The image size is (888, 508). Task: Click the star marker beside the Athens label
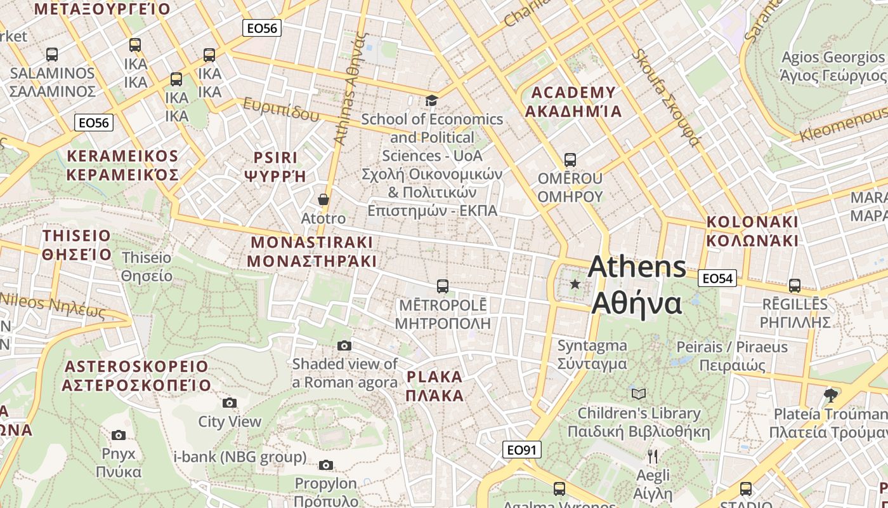point(575,284)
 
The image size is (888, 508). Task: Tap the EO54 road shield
point(717,278)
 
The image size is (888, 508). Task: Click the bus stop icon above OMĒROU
point(570,159)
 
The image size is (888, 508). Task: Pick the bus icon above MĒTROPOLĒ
point(443,286)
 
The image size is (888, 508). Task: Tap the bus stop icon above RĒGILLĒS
point(794,285)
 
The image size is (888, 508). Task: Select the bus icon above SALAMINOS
point(52,55)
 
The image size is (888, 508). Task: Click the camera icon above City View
point(230,403)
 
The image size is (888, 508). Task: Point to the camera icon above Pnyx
point(119,435)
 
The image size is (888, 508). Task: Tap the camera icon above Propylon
point(326,465)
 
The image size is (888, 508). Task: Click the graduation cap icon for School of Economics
point(431,100)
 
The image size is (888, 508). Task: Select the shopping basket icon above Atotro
point(323,199)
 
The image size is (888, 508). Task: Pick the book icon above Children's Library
point(639,394)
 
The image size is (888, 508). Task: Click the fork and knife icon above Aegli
point(653,456)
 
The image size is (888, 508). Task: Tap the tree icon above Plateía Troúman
point(830,395)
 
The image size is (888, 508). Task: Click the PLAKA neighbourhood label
point(434,386)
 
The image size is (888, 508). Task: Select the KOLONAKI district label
point(752,231)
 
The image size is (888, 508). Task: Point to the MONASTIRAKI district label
point(311,251)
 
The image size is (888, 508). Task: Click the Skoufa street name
point(666,95)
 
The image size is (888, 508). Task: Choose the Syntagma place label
point(592,354)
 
